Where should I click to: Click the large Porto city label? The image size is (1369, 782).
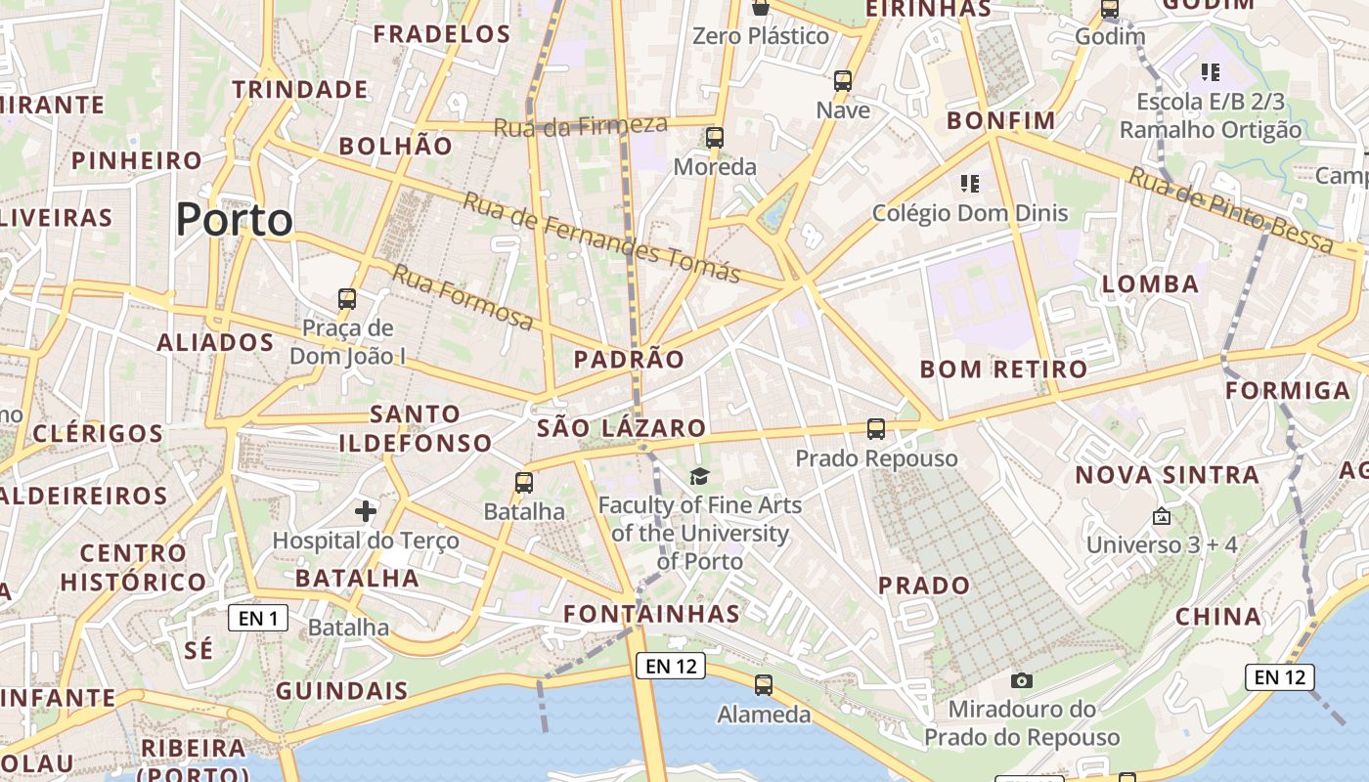tap(235, 220)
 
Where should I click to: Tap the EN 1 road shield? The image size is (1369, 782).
tap(258, 618)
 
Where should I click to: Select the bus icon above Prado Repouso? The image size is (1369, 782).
tap(876, 428)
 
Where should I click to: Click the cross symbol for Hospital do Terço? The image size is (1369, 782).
tap(366, 510)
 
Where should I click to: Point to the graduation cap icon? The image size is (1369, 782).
tap(699, 476)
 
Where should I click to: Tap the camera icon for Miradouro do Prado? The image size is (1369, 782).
tap(1022, 680)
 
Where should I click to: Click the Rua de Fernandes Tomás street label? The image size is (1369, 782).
tap(600, 237)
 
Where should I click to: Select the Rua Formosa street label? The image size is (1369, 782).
tap(463, 296)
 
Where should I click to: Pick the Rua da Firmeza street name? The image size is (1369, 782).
tap(580, 125)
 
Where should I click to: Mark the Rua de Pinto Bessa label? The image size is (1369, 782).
tap(1230, 211)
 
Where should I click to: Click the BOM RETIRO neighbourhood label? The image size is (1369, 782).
tap(1003, 369)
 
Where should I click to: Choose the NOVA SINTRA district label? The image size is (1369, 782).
tap(1168, 475)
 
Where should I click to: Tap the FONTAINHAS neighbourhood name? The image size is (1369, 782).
tap(652, 614)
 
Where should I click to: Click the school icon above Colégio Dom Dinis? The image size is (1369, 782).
tap(970, 183)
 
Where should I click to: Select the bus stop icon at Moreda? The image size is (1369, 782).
tap(715, 138)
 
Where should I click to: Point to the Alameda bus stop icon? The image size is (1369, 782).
tap(764, 685)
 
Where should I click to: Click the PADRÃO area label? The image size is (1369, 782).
tap(629, 360)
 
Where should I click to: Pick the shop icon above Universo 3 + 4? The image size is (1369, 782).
tap(1162, 516)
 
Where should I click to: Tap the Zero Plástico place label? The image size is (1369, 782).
tap(761, 36)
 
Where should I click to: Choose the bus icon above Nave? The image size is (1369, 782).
tap(843, 81)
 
